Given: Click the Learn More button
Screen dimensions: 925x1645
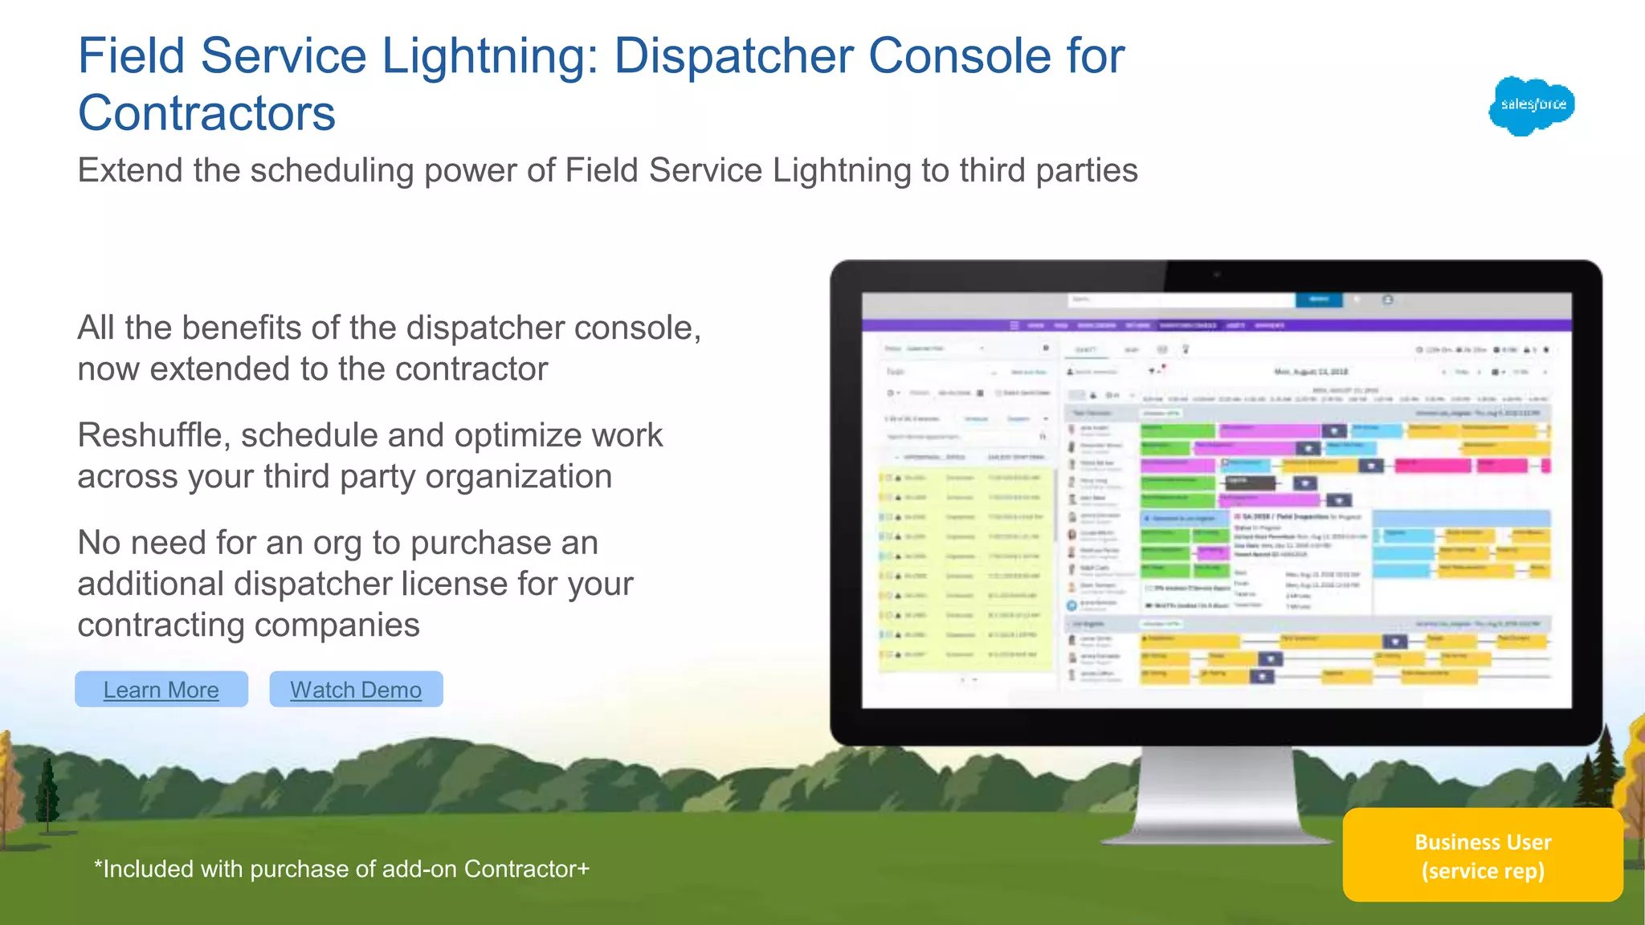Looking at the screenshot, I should tap(161, 690).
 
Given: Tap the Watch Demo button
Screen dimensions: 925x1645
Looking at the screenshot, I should tap(356, 690).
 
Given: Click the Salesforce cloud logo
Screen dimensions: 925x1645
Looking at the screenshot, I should tap(1532, 105).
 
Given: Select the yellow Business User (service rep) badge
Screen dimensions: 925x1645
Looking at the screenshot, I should tap(1483, 855).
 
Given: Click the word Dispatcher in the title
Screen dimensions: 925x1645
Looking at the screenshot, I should tap(733, 56).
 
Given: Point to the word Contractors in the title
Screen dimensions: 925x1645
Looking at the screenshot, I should tap(206, 113).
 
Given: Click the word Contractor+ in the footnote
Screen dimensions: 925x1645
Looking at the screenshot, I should tap(527, 869).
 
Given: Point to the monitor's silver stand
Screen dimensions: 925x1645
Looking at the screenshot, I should tap(1217, 795).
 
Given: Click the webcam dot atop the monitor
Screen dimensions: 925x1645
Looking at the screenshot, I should tap(1217, 275).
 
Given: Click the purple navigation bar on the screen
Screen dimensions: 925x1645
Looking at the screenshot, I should tap(1216, 325).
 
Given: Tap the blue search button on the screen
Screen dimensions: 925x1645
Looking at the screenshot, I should tap(1318, 300).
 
